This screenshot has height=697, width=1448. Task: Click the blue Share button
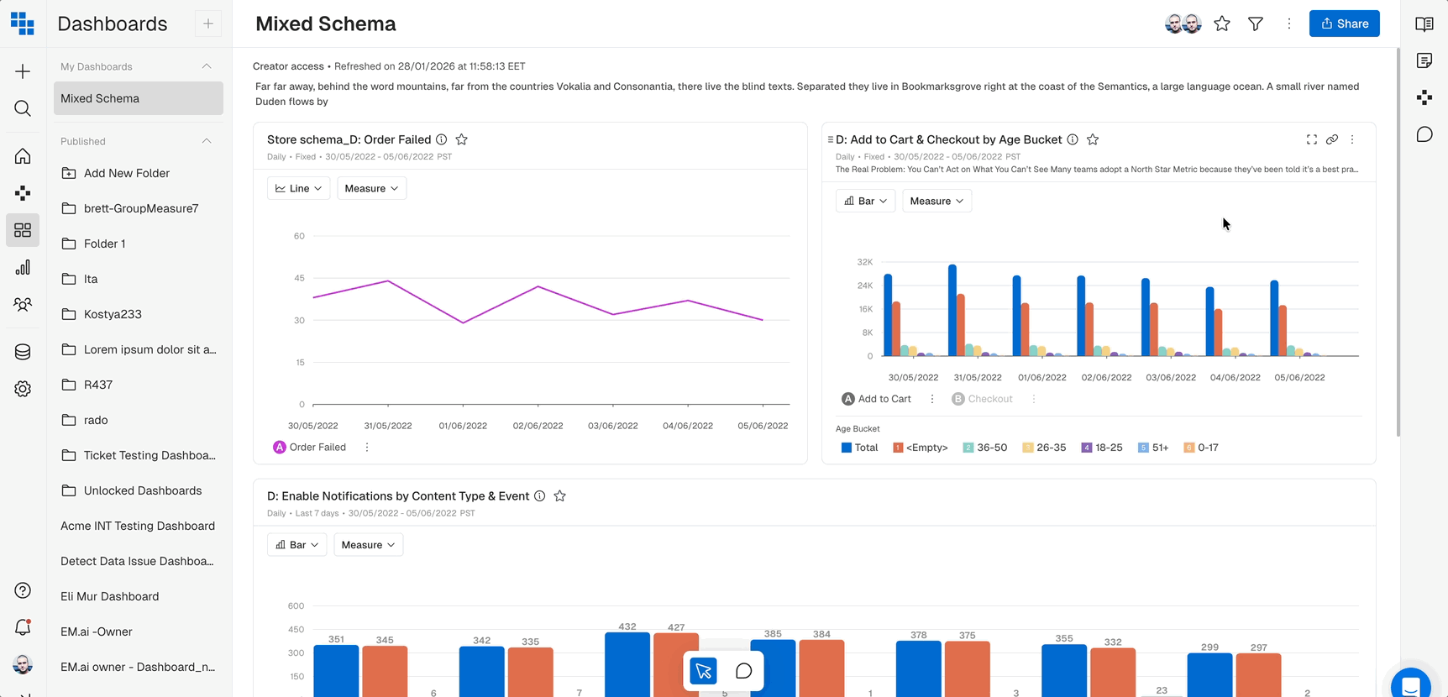point(1344,24)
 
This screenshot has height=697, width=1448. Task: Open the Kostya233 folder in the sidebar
point(113,314)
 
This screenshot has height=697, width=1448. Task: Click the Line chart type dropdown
point(298,188)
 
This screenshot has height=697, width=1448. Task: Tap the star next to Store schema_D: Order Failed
point(462,139)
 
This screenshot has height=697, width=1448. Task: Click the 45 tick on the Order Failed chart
point(300,278)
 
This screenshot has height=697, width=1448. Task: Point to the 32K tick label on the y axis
point(864,262)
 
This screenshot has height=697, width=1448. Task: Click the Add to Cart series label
point(884,399)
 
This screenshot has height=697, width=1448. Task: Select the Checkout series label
point(989,399)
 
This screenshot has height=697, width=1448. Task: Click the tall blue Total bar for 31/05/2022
point(952,311)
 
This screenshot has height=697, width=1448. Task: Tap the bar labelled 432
point(627,663)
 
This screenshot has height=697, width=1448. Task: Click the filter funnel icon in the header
point(1256,24)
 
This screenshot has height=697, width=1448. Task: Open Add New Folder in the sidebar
point(126,173)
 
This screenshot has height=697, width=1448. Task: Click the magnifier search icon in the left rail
point(23,108)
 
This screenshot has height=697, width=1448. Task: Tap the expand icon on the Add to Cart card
point(1312,139)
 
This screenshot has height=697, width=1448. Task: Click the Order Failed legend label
point(317,448)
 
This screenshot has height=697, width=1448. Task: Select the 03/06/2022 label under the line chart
point(612,426)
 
